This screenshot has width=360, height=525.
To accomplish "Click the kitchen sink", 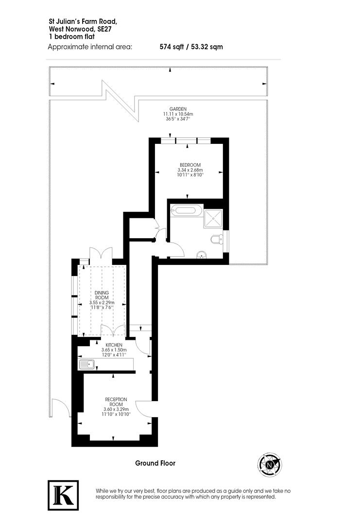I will click(x=88, y=364).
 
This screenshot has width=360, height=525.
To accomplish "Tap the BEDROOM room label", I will click(x=189, y=165).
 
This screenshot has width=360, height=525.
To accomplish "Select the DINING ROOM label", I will click(x=102, y=295).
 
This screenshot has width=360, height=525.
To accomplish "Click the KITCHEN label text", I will click(x=107, y=345).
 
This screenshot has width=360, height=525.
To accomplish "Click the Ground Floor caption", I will click(x=155, y=463).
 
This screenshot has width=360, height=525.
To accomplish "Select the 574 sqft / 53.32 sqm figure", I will click(x=191, y=47).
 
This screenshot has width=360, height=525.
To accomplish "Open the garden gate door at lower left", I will click(x=59, y=407).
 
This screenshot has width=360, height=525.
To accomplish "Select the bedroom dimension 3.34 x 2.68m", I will click(x=189, y=170).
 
